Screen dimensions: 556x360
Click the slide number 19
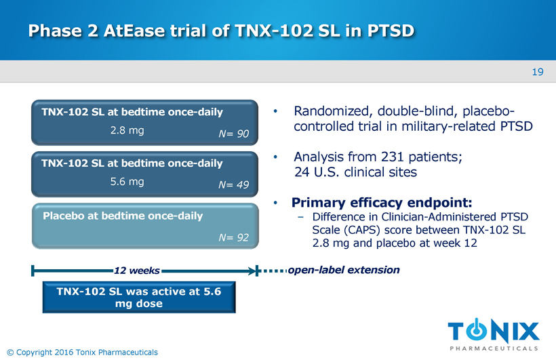538,72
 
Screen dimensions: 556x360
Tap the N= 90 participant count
233,134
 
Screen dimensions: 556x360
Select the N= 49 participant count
233,185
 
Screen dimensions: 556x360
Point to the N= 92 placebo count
233,237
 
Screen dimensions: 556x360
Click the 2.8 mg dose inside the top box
127,131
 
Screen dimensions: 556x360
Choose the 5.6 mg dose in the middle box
127,182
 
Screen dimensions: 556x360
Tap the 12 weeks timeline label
137,271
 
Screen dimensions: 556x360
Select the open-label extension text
344,270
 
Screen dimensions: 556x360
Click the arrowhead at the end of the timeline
252,271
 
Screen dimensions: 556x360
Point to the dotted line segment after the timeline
273,271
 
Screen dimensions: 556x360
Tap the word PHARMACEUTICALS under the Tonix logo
494,348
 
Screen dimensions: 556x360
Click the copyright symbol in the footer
10,352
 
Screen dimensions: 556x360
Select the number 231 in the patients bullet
393,157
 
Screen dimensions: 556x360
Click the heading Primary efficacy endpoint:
382,203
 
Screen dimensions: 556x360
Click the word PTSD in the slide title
391,31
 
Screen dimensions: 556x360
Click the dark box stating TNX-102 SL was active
139,297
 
